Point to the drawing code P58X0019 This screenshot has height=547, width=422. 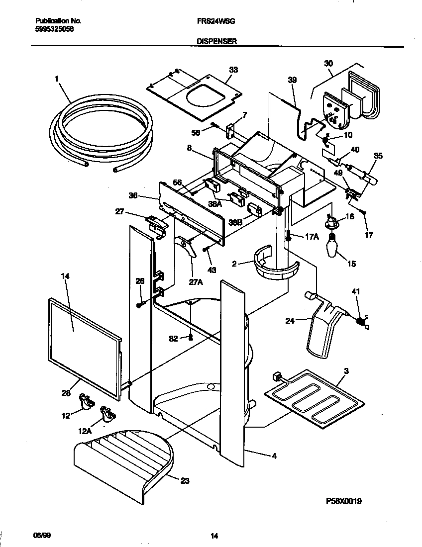[343, 501]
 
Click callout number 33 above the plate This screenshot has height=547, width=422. [233, 70]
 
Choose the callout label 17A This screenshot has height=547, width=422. [311, 237]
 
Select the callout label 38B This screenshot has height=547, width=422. [236, 223]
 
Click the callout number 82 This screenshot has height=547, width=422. [173, 339]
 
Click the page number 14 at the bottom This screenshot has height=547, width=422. [214, 536]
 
